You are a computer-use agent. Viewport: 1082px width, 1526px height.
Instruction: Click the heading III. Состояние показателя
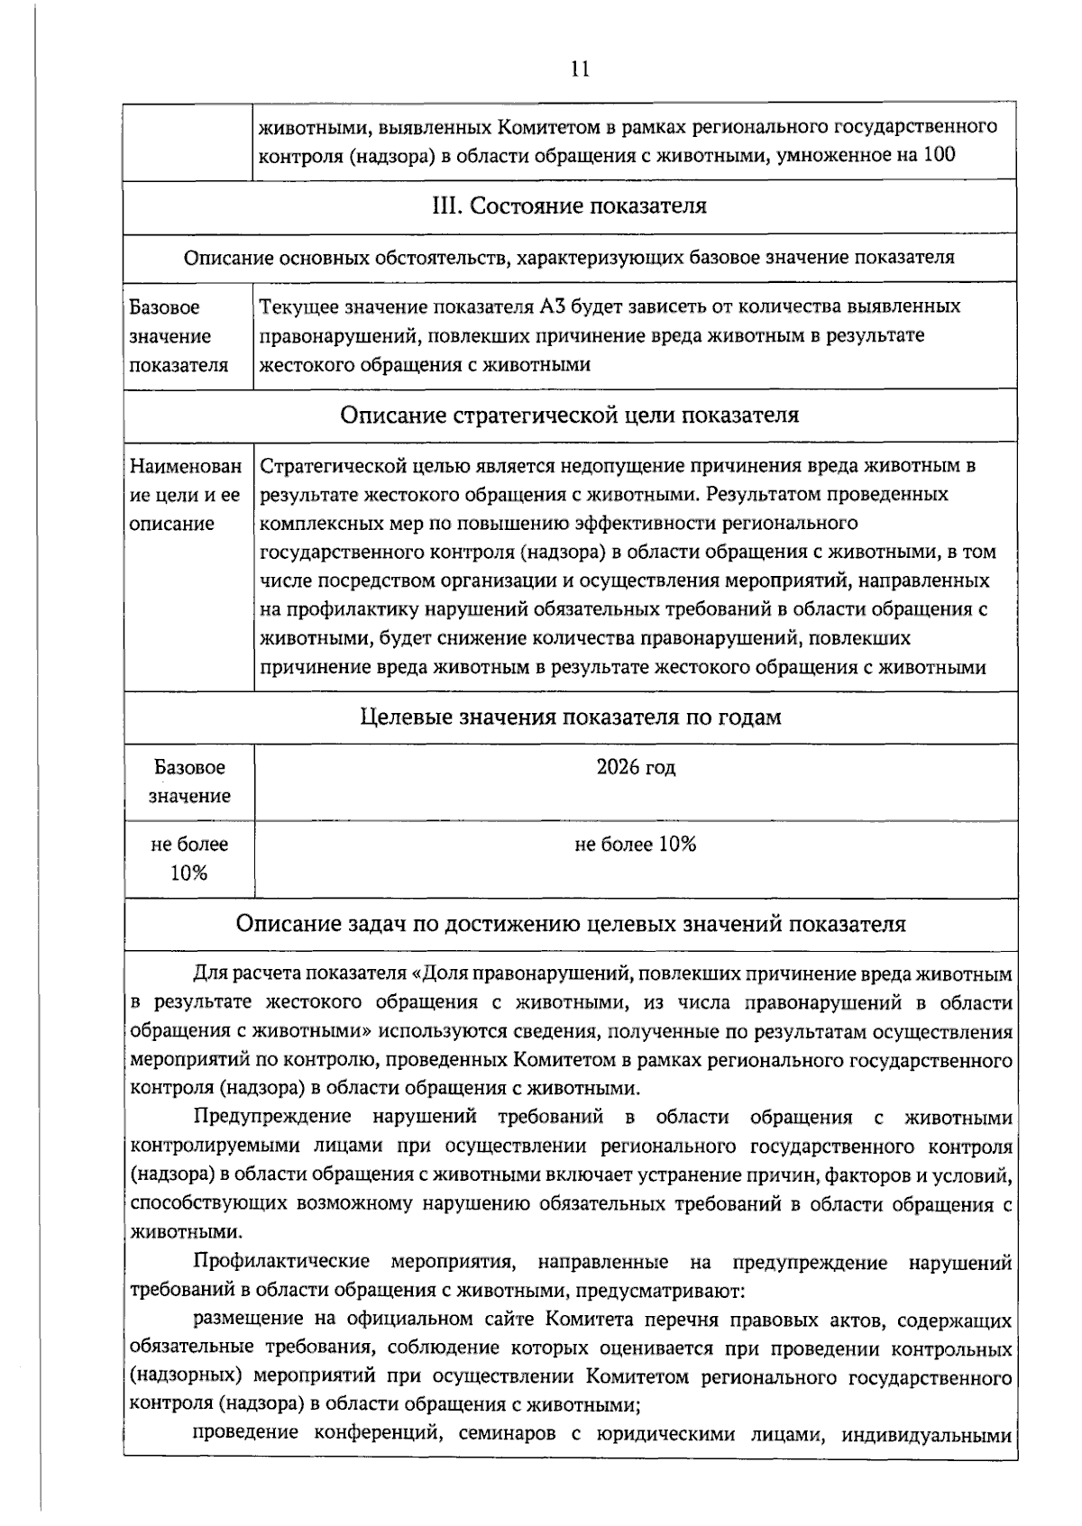[x=570, y=206]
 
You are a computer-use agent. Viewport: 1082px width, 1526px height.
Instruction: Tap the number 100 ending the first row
[x=938, y=155]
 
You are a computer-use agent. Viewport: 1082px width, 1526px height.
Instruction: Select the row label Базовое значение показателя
[x=179, y=336]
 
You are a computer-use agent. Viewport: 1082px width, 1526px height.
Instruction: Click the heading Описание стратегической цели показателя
[x=570, y=416]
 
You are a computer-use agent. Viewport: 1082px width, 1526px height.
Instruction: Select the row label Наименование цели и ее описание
[x=186, y=495]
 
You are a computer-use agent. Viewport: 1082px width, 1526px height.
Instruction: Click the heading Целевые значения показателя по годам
[x=570, y=717]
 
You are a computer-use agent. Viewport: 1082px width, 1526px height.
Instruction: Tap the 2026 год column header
[x=636, y=767]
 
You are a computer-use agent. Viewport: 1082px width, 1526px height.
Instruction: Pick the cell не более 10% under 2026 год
[x=636, y=845]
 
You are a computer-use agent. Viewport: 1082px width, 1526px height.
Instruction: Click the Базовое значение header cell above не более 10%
[x=189, y=781]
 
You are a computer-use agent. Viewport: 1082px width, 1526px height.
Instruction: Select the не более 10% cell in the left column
[x=189, y=858]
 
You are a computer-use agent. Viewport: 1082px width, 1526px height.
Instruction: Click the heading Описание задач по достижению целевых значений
[x=570, y=924]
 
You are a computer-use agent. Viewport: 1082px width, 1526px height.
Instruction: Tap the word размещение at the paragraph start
[x=247, y=1320]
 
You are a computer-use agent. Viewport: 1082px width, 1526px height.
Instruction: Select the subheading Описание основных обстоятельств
[x=570, y=258]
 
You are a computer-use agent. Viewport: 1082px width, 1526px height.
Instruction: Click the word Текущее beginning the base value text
[x=298, y=306]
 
